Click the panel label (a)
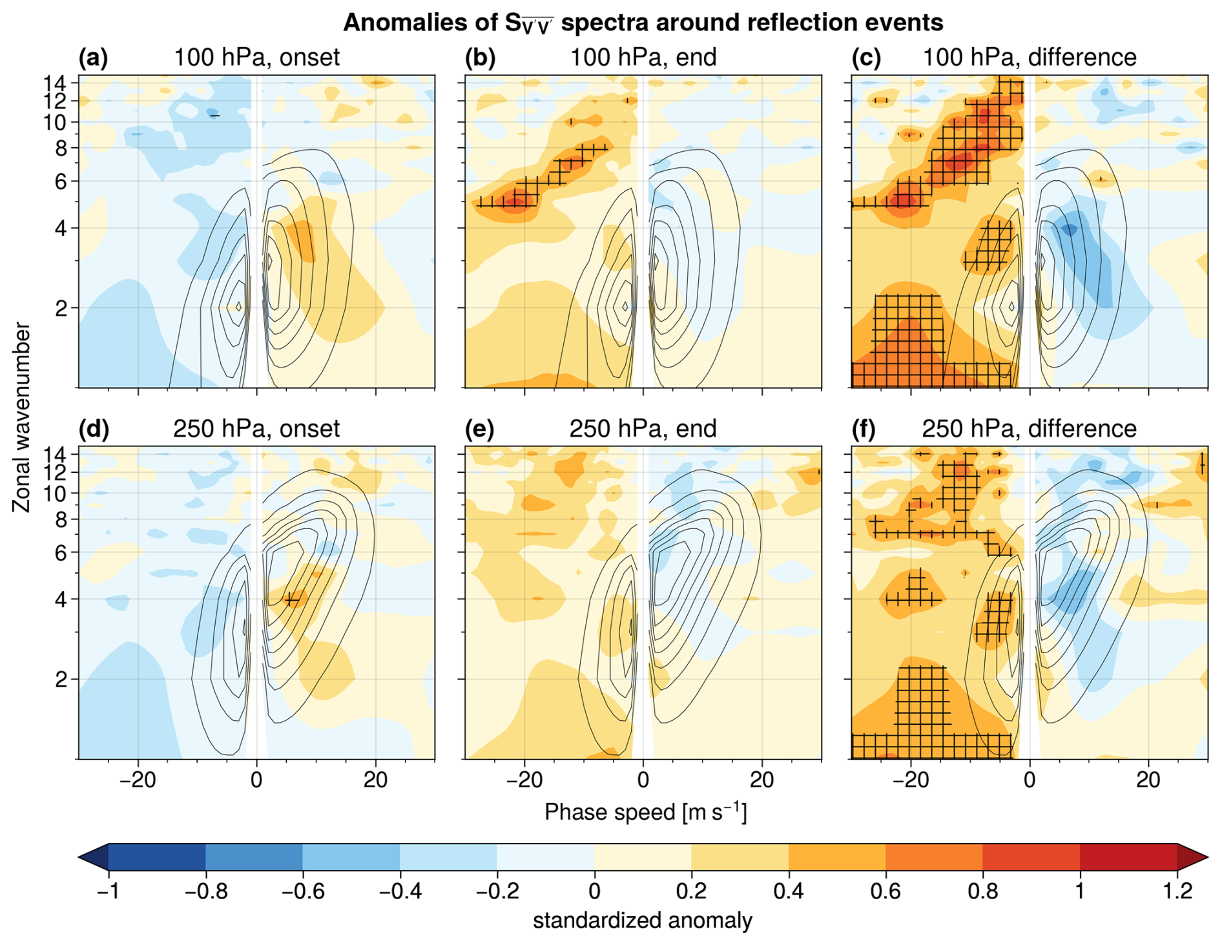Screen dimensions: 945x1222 [93, 58]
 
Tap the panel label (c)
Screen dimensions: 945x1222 [867, 58]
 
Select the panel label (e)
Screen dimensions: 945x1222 [480, 429]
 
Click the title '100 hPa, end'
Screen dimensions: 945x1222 [643, 57]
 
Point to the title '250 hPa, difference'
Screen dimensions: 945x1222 [1029, 429]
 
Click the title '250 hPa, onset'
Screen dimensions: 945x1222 [256, 429]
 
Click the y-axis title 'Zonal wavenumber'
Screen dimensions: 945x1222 [21, 417]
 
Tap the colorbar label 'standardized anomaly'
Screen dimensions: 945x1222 [643, 920]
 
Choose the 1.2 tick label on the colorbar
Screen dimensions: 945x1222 [1177, 891]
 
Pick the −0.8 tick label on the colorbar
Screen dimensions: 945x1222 [206, 891]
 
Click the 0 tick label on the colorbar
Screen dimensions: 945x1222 [594, 891]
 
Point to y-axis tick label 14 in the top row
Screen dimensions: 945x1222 [56, 83]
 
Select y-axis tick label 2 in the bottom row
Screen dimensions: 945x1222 [61, 680]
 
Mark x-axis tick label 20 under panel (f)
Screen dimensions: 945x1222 [1148, 780]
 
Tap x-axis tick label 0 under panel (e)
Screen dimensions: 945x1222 [643, 780]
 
